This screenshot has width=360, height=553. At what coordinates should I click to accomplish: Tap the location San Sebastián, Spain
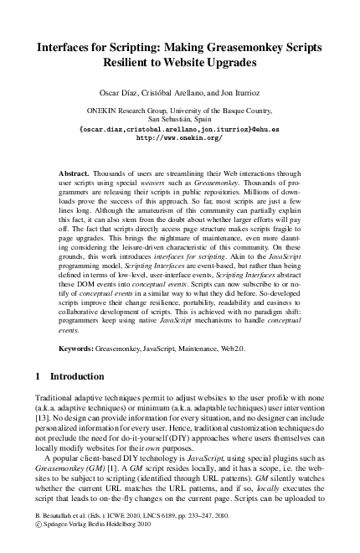[x=179, y=120]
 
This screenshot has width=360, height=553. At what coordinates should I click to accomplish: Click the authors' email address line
[x=179, y=130]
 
